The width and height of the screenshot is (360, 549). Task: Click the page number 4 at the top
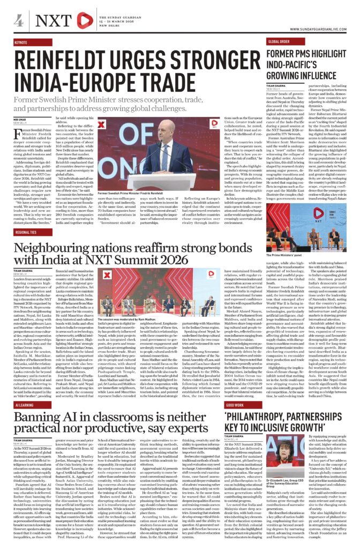tap(18, 21)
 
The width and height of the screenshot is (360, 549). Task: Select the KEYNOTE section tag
tap(22, 42)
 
